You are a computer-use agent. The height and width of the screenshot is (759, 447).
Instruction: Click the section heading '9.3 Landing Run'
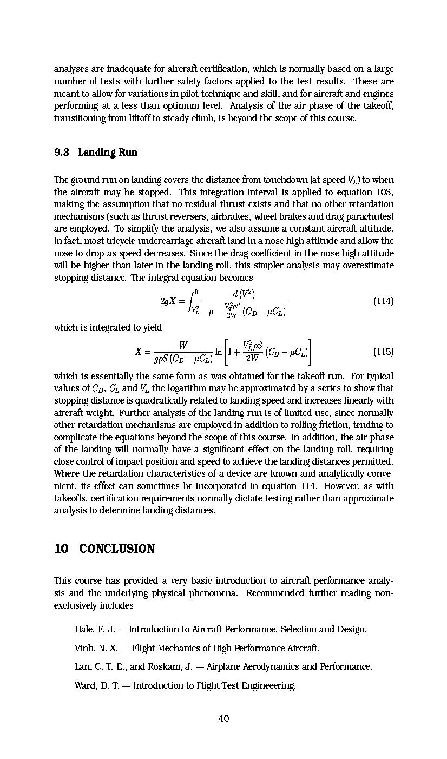tap(96, 152)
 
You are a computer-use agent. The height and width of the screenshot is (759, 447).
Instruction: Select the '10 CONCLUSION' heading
tap(104, 549)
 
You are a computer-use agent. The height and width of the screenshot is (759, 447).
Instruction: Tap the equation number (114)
tap(383, 301)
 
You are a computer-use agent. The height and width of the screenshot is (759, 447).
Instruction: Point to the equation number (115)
tap(383, 352)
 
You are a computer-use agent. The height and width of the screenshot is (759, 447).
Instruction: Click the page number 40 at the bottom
tap(223, 718)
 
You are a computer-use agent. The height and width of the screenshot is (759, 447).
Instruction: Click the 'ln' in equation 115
tap(219, 352)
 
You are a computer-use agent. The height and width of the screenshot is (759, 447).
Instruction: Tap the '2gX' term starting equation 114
tap(168, 301)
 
